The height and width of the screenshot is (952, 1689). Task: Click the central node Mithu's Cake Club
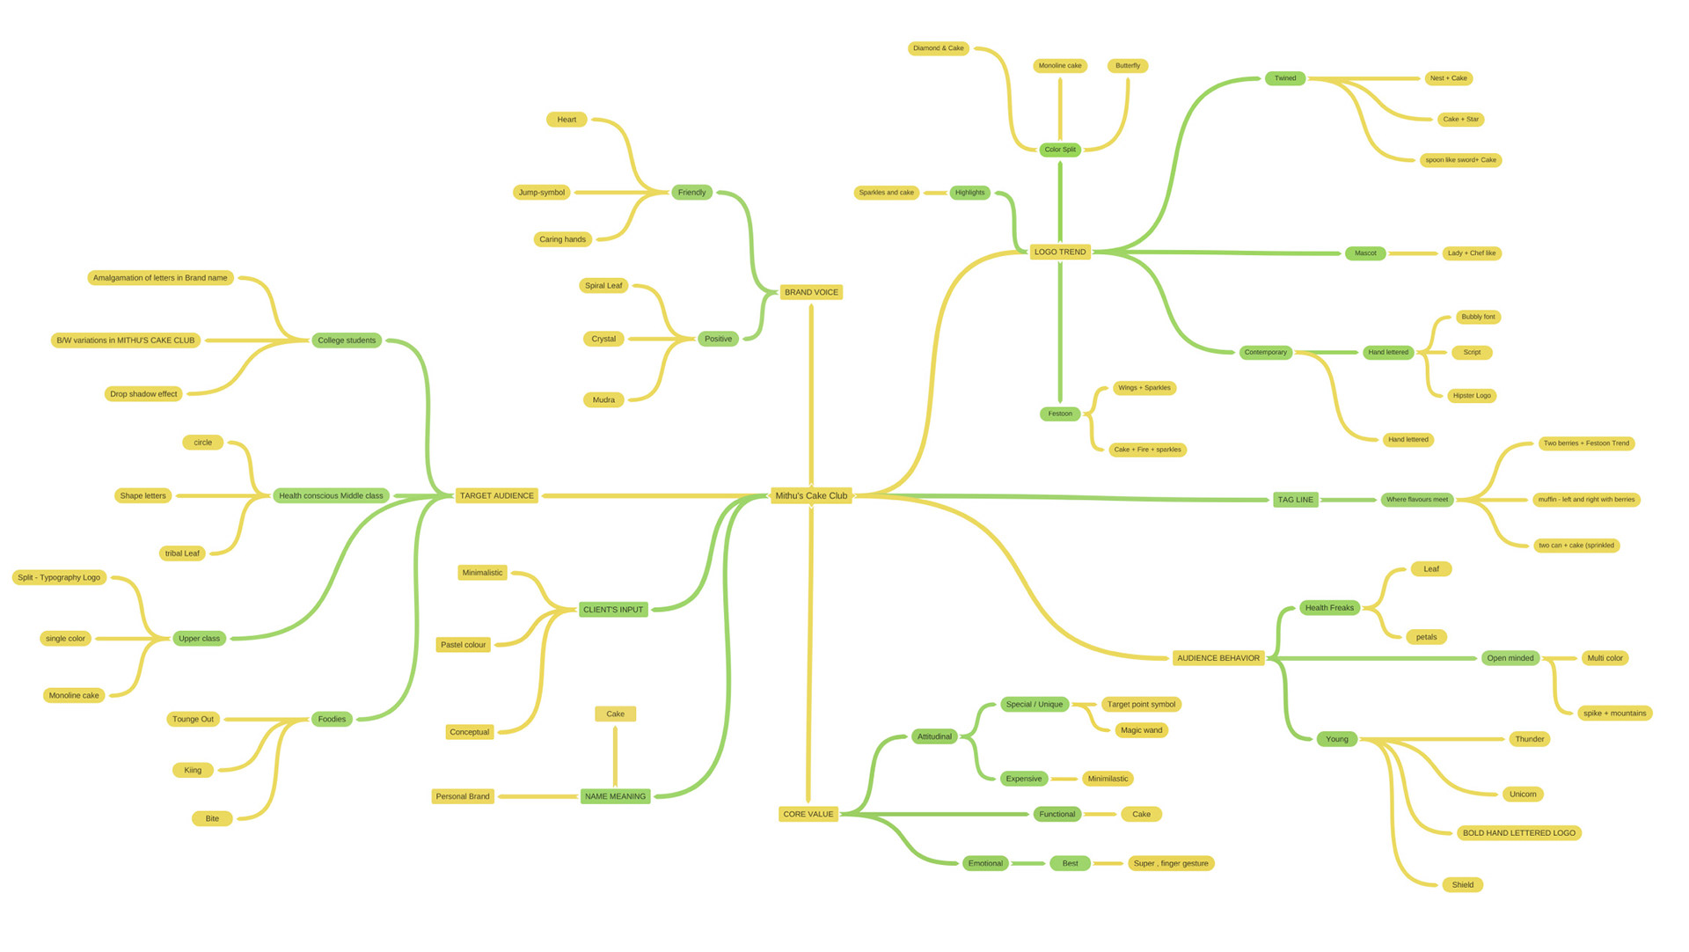(x=811, y=495)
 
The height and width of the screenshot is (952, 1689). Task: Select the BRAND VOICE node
(x=811, y=292)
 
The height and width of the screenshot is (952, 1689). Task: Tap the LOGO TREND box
(x=1059, y=252)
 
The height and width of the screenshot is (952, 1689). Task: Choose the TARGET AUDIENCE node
(x=496, y=495)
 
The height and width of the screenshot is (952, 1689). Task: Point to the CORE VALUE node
(x=808, y=814)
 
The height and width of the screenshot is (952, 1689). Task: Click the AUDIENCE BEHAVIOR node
(x=1217, y=658)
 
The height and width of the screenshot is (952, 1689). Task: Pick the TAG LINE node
(x=1295, y=500)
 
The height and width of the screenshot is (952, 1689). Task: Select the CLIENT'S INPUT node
(x=613, y=610)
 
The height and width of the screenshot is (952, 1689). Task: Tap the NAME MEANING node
(x=615, y=796)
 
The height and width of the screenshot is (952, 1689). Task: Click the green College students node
(x=347, y=341)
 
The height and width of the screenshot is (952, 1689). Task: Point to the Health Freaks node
(x=1329, y=608)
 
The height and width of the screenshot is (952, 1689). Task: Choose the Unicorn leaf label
(x=1523, y=795)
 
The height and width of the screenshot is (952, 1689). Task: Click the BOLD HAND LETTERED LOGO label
(x=1518, y=833)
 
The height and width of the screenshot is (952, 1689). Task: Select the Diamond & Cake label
(x=938, y=48)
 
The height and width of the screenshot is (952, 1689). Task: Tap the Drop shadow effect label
(x=143, y=394)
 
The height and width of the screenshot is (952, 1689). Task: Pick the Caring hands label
(x=562, y=239)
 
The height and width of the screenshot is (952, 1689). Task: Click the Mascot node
(x=1365, y=253)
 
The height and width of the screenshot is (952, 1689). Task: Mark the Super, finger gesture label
(x=1171, y=863)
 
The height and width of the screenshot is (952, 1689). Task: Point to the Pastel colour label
(x=463, y=645)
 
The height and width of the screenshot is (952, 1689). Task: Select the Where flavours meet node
(x=1416, y=500)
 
